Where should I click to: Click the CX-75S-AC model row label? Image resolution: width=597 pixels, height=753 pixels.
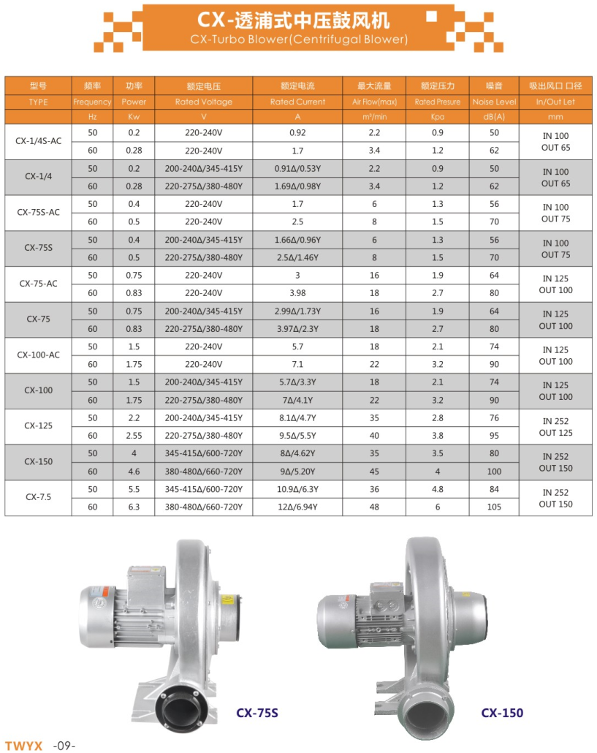pos(38,212)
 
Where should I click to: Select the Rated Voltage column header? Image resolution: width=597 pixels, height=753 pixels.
pos(204,102)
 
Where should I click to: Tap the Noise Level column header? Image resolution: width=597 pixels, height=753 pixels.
pos(494,102)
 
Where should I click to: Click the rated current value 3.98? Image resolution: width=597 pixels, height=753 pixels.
pos(297,293)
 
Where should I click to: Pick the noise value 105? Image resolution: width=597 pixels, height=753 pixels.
pos(494,507)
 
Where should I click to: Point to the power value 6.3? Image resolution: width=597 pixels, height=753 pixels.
pos(134,507)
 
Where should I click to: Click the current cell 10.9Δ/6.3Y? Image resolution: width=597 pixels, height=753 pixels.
pos(297,489)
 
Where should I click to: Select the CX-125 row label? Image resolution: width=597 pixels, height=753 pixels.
pos(38,425)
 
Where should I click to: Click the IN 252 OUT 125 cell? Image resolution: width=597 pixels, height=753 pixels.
pos(555,427)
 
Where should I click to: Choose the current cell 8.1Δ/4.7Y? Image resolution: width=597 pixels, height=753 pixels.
pos(297,418)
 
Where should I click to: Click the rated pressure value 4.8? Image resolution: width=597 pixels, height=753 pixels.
pos(438,489)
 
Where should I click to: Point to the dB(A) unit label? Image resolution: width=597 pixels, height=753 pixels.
pos(494,117)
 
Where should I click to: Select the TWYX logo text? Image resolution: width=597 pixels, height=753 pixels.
pos(24,746)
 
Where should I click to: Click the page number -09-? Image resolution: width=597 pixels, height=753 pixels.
pos(64,746)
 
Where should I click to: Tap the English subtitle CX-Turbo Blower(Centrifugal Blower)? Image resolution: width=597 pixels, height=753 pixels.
pos(298,39)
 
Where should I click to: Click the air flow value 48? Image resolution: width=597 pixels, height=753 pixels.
pos(375,507)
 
